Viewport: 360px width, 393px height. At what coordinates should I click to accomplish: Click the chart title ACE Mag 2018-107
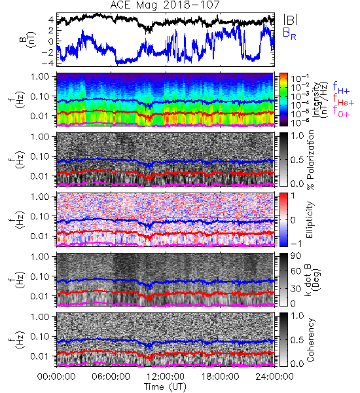[165, 5]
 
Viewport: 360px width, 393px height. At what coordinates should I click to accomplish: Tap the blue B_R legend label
[289, 33]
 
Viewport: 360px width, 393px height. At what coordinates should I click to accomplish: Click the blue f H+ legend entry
[341, 87]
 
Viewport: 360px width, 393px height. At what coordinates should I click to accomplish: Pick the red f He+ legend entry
[344, 100]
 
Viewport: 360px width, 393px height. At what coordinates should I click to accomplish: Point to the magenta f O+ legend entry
[341, 111]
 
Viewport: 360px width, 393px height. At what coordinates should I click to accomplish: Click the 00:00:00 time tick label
[56, 377]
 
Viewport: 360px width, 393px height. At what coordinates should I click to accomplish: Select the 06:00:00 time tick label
[111, 377]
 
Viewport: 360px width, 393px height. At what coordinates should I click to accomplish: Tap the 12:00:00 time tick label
[166, 377]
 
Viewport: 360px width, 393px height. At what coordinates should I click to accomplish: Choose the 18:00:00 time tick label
[220, 377]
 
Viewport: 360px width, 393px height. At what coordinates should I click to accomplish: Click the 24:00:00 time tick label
[274, 377]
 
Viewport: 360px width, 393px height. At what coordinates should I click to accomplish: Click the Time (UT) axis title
[165, 387]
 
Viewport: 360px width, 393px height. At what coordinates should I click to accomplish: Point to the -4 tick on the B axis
[47, 63]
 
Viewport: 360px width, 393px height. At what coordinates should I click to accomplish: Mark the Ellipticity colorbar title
[310, 219]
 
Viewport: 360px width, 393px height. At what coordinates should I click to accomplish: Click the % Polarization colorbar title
[310, 160]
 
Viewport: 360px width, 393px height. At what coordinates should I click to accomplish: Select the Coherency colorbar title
[310, 340]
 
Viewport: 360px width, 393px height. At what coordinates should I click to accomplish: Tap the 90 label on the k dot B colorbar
[296, 256]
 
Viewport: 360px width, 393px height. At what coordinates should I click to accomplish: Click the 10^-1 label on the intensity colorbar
[297, 78]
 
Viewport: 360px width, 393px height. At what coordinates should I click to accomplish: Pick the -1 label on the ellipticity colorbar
[297, 243]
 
